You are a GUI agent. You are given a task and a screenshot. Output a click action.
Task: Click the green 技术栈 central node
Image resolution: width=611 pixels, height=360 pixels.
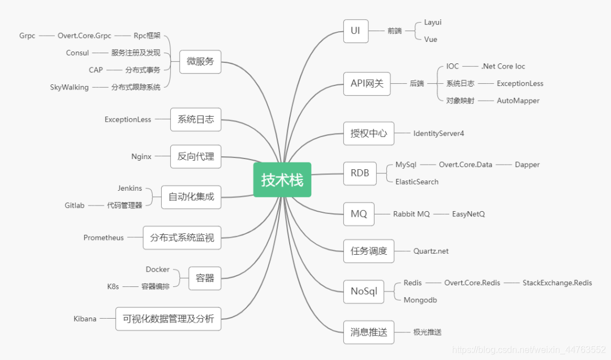pyautogui.click(x=282, y=180)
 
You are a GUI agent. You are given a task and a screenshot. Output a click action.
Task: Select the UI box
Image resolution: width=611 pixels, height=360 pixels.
pyautogui.click(x=355, y=31)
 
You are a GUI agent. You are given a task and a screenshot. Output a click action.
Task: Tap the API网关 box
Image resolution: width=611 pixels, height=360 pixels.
pyautogui.click(x=367, y=83)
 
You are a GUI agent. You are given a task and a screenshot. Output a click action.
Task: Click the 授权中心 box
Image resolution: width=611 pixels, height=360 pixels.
pyautogui.click(x=369, y=134)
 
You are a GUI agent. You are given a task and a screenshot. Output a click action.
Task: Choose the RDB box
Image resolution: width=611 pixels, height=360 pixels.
pyautogui.click(x=360, y=173)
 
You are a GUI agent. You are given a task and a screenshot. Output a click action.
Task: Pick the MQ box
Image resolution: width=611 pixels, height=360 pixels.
pyautogui.click(x=359, y=214)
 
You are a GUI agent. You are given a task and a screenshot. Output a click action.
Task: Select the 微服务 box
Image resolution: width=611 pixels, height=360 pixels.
pyautogui.click(x=200, y=61)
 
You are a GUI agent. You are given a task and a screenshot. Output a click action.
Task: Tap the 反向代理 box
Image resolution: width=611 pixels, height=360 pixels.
pyautogui.click(x=196, y=156)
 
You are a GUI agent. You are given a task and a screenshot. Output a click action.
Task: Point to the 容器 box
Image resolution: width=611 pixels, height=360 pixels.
pyautogui.click(x=205, y=278)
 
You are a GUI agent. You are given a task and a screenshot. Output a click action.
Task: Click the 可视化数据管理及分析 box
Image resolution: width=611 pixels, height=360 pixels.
pyautogui.click(x=168, y=319)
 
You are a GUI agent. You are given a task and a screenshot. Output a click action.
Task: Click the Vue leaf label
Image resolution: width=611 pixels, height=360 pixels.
pyautogui.click(x=431, y=40)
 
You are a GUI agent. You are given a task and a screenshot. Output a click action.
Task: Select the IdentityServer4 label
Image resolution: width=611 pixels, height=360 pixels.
pyautogui.click(x=438, y=134)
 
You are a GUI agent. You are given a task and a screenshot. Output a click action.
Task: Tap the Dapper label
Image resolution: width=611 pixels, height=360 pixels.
pyautogui.click(x=527, y=165)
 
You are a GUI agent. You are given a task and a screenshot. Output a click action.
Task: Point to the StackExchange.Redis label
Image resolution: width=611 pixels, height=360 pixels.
pyautogui.click(x=557, y=282)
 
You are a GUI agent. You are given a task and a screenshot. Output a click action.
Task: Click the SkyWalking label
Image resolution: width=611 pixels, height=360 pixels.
pyautogui.click(x=69, y=87)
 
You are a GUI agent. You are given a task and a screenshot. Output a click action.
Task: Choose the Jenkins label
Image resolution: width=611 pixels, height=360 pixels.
pyautogui.click(x=130, y=188)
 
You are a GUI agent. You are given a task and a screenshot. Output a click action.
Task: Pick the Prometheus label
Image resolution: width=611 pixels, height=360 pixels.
pyautogui.click(x=104, y=238)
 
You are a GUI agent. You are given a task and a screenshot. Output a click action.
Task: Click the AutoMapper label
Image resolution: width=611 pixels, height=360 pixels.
pyautogui.click(x=518, y=101)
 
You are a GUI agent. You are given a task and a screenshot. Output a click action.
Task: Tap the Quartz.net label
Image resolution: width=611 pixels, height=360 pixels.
pyautogui.click(x=431, y=251)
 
